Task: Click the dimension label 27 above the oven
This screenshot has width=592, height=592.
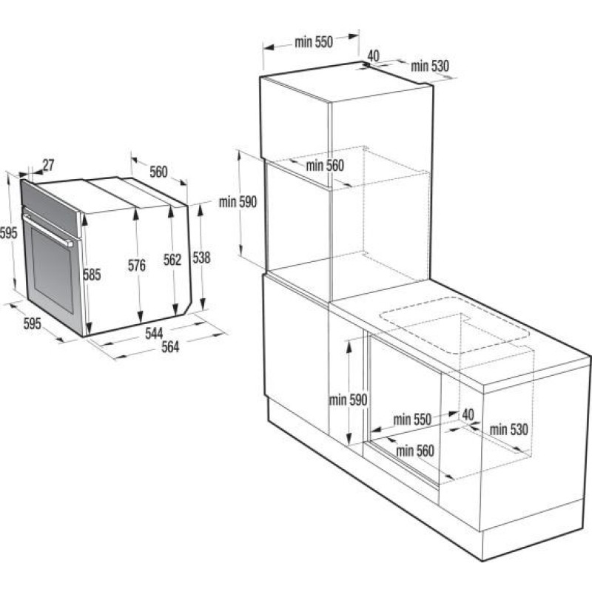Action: pyautogui.click(x=48, y=164)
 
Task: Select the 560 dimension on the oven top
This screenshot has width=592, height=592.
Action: pyautogui.click(x=158, y=172)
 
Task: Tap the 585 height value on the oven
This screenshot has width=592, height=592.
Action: pyautogui.click(x=92, y=275)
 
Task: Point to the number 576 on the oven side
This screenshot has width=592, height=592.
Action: pyautogui.click(x=136, y=266)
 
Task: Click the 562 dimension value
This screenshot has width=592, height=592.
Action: pyautogui.click(x=172, y=260)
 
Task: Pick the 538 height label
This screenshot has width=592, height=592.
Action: pyautogui.click(x=201, y=258)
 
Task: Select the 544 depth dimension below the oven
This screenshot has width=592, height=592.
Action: pyautogui.click(x=154, y=334)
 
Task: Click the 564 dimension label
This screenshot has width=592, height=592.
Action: pyautogui.click(x=170, y=349)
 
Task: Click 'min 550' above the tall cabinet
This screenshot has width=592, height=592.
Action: pyautogui.click(x=314, y=42)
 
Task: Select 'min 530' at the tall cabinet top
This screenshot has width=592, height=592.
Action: pyautogui.click(x=430, y=67)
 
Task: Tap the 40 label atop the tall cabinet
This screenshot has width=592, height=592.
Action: pyautogui.click(x=373, y=55)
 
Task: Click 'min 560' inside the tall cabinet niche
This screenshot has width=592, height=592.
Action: pyautogui.click(x=325, y=166)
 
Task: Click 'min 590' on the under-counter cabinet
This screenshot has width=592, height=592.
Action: pyautogui.click(x=348, y=400)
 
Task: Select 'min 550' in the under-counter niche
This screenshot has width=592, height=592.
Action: pyautogui.click(x=411, y=420)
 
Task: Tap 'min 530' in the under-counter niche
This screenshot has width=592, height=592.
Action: pyautogui.click(x=508, y=429)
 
